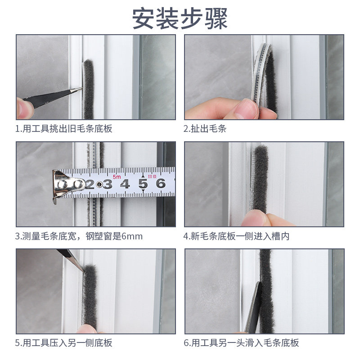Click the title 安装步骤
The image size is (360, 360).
[x=180, y=18]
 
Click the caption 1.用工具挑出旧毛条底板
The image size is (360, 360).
[x=64, y=129]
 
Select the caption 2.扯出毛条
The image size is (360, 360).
[x=205, y=129]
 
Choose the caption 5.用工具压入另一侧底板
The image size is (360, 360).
[x=64, y=343]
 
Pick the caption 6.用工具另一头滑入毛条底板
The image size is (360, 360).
[x=241, y=343]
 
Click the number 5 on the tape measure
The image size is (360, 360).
[x=143, y=184]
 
